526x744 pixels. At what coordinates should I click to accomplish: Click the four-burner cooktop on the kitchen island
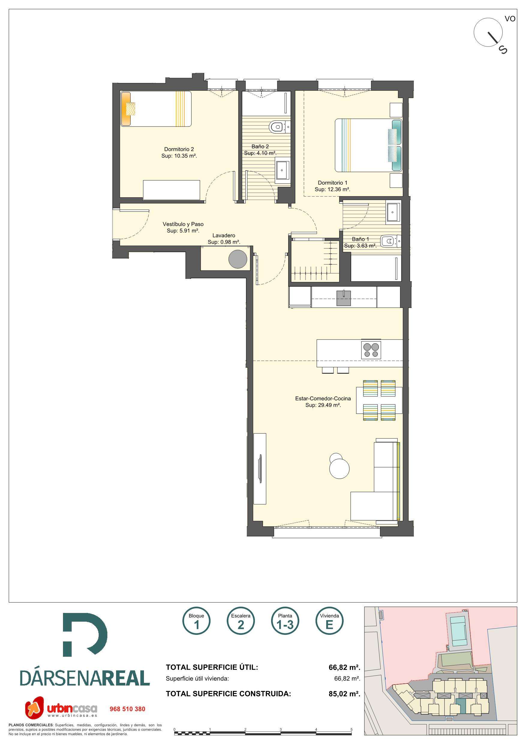pos(371,350)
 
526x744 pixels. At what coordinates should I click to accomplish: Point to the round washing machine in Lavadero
pos(238,259)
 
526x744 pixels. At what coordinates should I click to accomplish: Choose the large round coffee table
pos(339,468)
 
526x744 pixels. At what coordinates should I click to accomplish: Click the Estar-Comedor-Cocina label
pos(323,399)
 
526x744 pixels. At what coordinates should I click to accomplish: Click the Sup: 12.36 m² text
pos(332,190)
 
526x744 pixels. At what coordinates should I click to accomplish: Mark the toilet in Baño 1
pos(390,241)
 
